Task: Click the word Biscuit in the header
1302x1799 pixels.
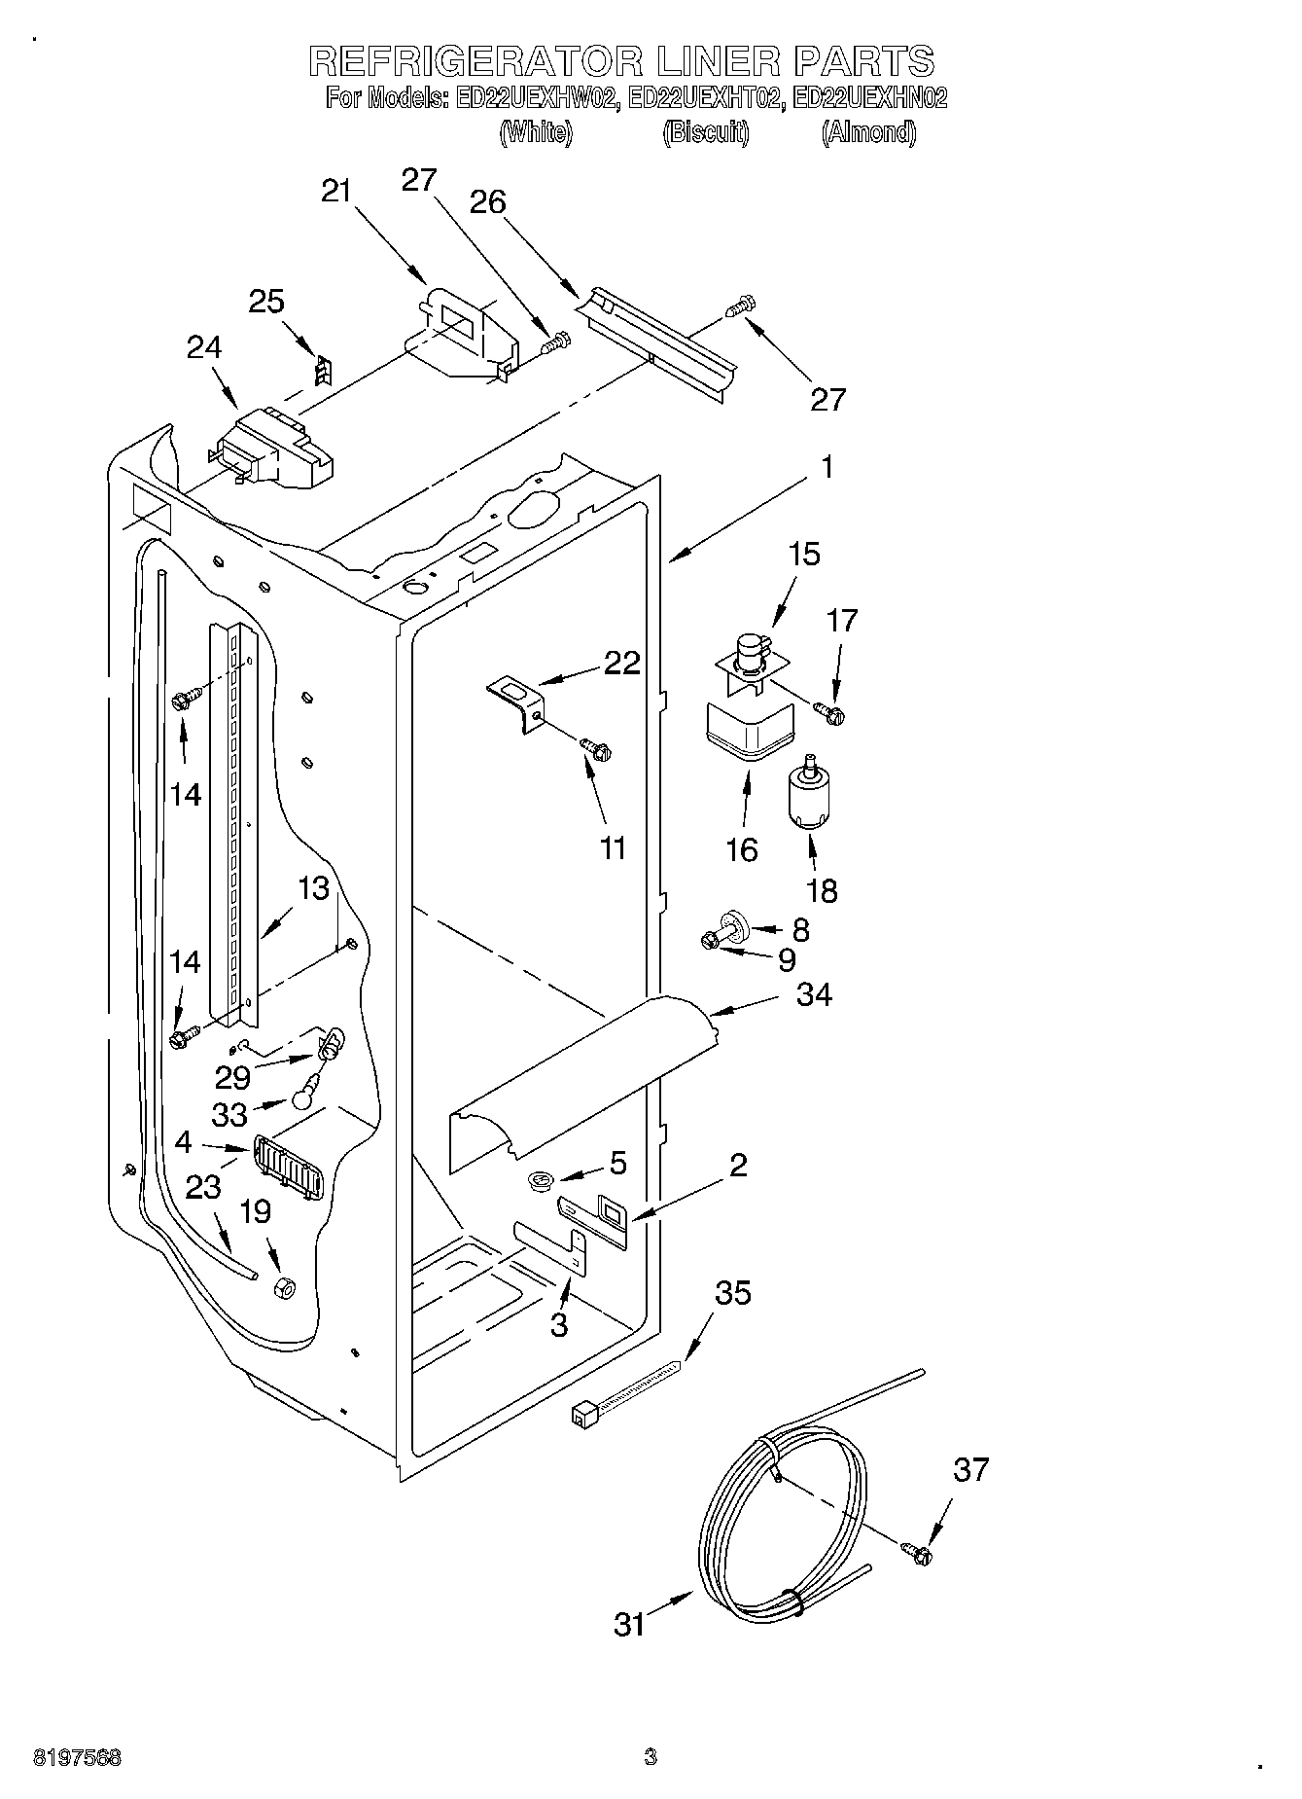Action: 706,132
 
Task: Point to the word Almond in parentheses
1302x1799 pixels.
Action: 868,132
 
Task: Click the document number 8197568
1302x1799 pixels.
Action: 77,1758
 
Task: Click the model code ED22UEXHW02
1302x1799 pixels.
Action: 537,98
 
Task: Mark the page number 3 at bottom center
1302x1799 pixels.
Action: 650,1757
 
